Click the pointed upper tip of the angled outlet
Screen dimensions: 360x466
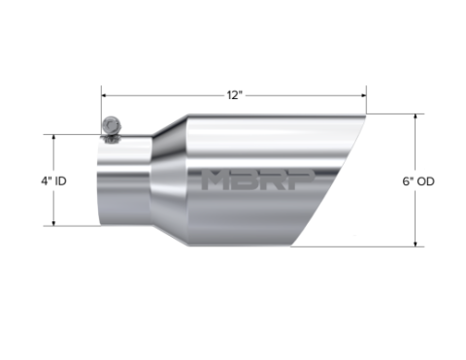pyautogui.click(x=365, y=117)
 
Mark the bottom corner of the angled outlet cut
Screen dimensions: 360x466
pyautogui.click(x=298, y=244)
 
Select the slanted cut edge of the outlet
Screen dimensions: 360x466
pyautogui.click(x=333, y=180)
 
